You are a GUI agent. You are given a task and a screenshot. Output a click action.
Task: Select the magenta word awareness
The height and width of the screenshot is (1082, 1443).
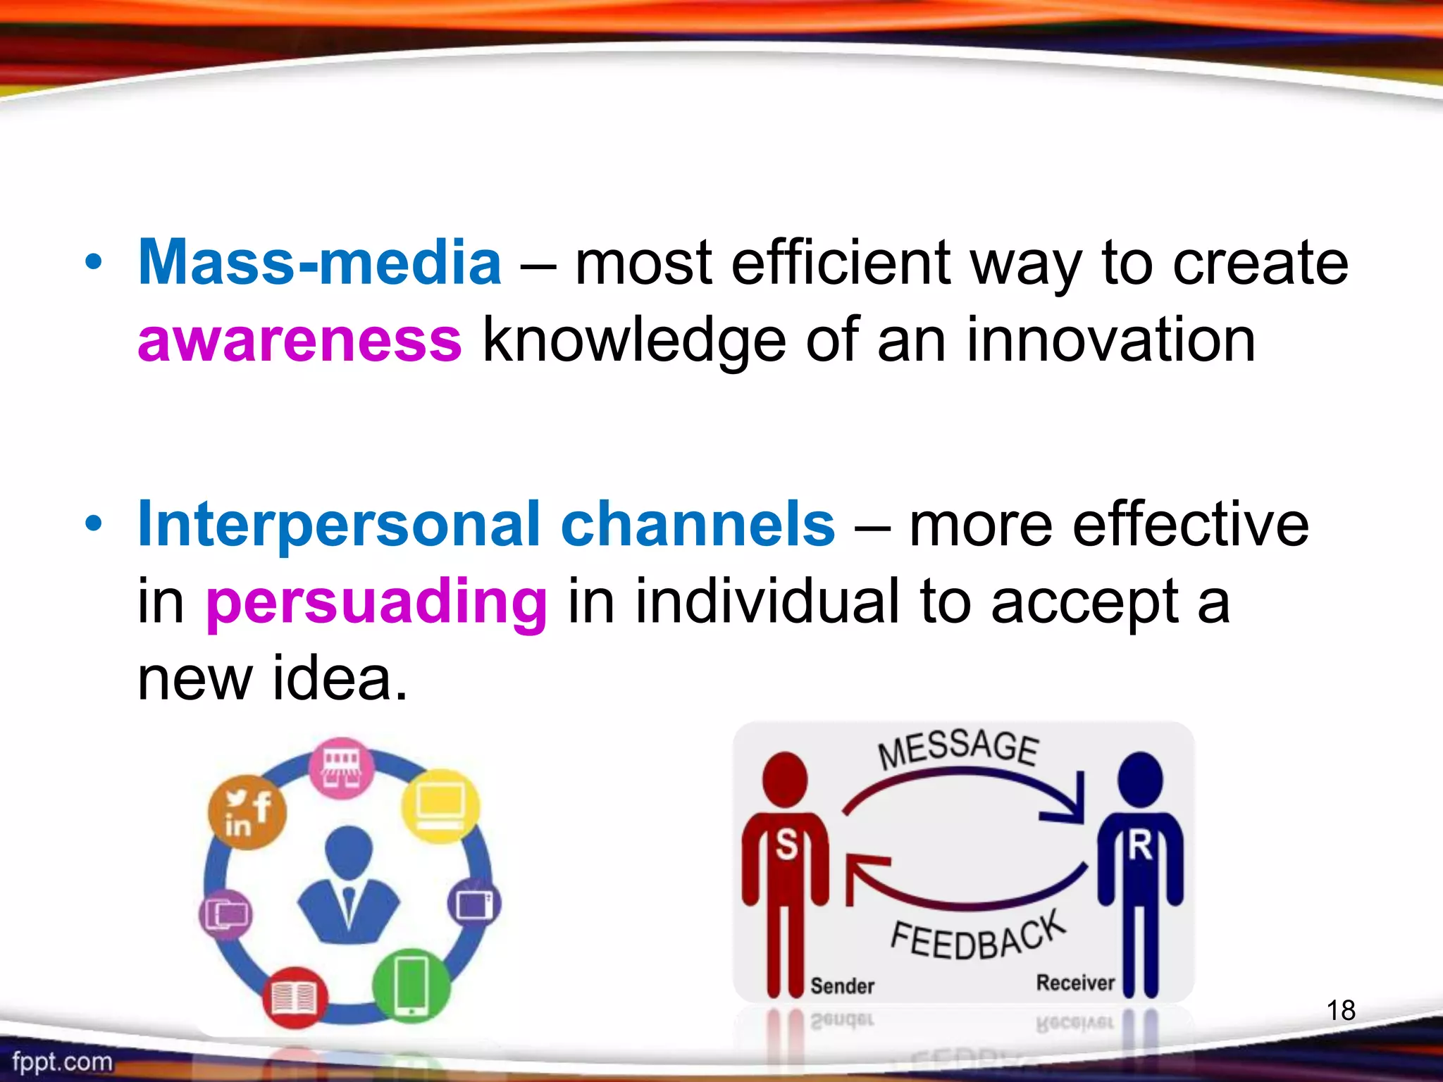point(299,340)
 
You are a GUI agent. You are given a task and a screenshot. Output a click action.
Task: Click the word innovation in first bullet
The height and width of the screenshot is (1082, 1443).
point(1110,340)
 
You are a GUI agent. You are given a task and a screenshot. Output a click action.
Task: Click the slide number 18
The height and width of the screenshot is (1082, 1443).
point(1341,1010)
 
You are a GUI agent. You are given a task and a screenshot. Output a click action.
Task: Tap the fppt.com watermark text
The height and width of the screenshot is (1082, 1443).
point(62,1061)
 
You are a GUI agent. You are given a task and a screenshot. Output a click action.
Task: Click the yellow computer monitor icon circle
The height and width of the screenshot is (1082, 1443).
point(440,807)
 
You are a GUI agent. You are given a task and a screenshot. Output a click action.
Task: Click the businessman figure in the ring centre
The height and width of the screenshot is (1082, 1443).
point(348,885)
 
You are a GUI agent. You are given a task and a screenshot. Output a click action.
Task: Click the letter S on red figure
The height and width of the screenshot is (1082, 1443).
point(786,844)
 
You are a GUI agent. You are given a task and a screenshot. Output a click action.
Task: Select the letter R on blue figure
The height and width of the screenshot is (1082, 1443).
point(1140,844)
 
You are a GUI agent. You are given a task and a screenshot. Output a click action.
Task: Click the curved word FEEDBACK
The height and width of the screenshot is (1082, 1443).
point(978,937)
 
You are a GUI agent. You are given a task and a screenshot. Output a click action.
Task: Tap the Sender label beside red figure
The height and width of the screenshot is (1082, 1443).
point(842,985)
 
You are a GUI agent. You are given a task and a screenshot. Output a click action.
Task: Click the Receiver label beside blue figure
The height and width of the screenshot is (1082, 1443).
point(1075,983)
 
